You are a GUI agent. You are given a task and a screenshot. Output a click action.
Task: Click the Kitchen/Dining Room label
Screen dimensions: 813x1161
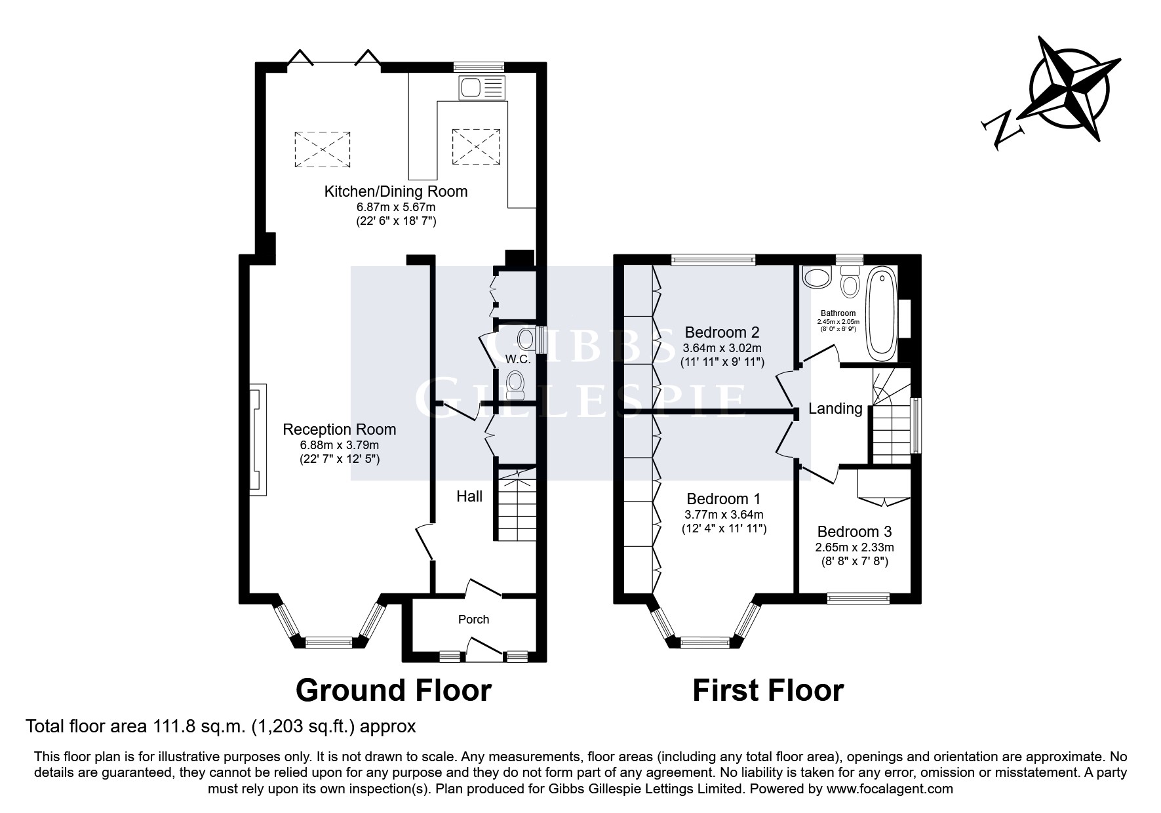click(396, 191)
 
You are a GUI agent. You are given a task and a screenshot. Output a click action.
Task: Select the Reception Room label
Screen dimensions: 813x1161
click(339, 429)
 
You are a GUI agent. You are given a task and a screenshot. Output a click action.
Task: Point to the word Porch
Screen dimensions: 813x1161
click(473, 620)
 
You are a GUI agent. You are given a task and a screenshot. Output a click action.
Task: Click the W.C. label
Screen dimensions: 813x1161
click(517, 359)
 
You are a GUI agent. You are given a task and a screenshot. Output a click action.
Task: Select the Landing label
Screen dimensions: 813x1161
click(835, 408)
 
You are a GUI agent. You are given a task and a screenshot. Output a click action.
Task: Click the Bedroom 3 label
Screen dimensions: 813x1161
click(854, 532)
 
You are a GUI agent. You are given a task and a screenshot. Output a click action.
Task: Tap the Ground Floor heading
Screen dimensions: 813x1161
click(393, 690)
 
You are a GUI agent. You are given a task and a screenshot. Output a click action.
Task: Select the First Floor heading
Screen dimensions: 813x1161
click(768, 690)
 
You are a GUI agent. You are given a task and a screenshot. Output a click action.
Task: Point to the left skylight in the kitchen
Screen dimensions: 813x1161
click(322, 149)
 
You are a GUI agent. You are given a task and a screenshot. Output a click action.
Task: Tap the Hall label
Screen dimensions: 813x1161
click(469, 496)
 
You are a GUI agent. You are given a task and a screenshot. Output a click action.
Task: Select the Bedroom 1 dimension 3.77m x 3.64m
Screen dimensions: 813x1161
click(724, 515)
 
